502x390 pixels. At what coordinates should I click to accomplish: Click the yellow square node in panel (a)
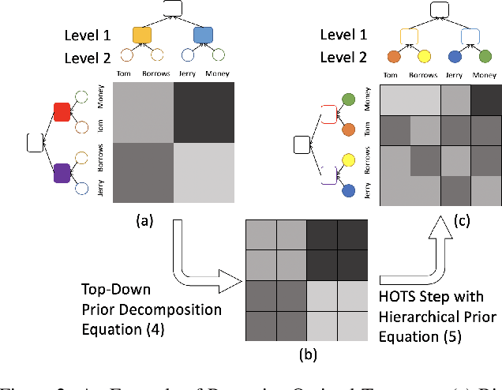click(142, 35)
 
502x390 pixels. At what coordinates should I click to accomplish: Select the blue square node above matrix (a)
click(203, 35)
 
